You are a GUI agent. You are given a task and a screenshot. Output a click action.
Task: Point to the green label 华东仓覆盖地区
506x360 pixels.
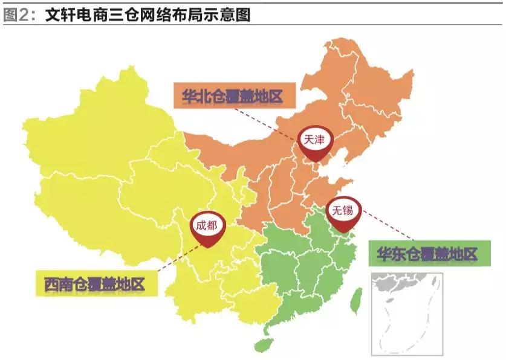point(427,254)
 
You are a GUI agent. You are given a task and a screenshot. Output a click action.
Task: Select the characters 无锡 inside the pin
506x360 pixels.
point(343,209)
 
